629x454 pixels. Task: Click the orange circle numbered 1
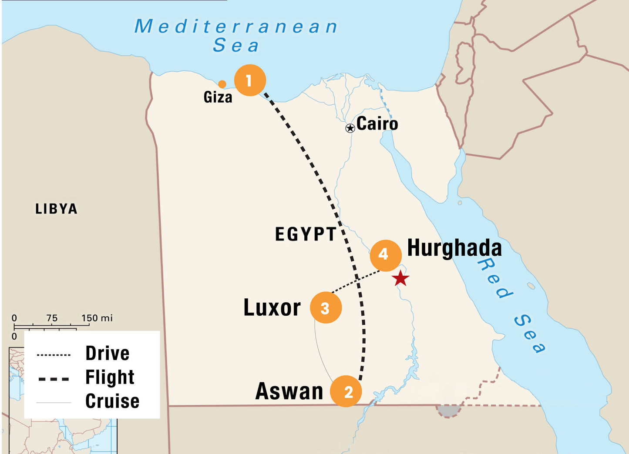(250, 80)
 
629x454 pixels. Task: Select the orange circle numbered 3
(326, 308)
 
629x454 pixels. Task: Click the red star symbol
(400, 278)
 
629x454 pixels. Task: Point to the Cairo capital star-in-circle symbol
(350, 128)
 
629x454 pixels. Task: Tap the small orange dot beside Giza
(222, 84)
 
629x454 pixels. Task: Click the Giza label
(218, 97)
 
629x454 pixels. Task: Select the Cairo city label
(377, 124)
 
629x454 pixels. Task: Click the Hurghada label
(454, 248)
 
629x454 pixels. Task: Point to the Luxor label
(272, 308)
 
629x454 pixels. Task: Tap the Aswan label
(289, 391)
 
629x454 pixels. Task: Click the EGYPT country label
(306, 234)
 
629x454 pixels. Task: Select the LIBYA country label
(56, 209)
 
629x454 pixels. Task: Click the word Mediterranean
(236, 27)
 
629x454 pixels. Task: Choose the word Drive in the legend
(107, 354)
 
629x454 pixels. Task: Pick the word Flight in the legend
(110, 377)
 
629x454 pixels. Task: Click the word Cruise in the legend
(112, 401)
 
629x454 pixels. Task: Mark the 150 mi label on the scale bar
(97, 318)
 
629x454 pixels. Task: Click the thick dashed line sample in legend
(54, 379)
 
